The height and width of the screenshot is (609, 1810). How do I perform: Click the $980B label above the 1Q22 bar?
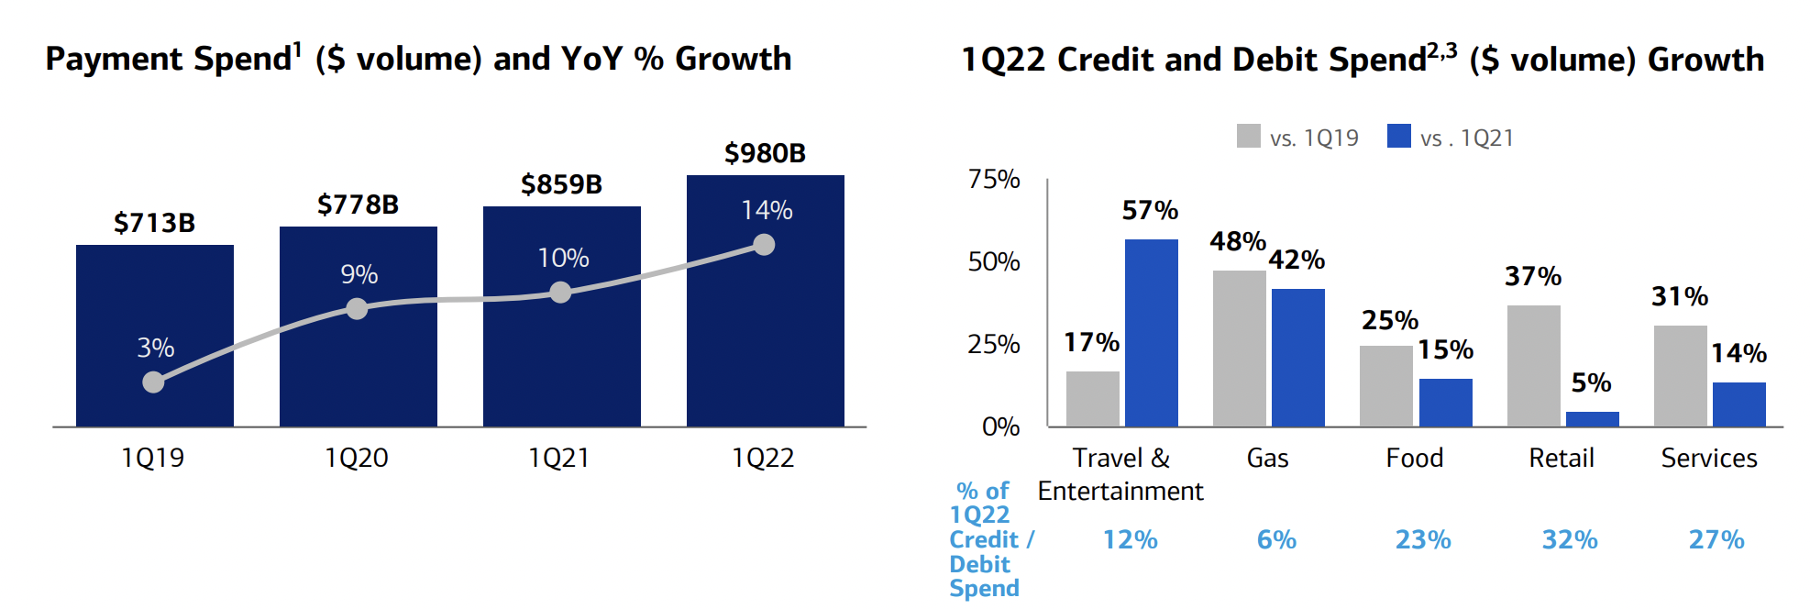pyautogui.click(x=765, y=152)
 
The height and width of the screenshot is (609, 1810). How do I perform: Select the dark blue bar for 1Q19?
pyautogui.click(x=154, y=303)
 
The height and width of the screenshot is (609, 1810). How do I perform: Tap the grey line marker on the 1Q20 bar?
pyautogui.click(x=357, y=309)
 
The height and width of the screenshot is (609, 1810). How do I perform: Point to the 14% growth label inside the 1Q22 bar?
pyautogui.click(x=767, y=210)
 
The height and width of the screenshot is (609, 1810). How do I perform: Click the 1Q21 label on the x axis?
pyautogui.click(x=558, y=457)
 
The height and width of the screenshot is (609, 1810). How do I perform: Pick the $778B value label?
pyautogui.click(x=358, y=204)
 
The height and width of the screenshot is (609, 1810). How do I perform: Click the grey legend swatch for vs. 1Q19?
pyautogui.click(x=1248, y=136)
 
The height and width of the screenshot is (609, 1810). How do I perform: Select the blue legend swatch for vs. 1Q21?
pyautogui.click(x=1398, y=136)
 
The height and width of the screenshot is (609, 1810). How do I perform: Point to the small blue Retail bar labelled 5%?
pyautogui.click(x=1592, y=419)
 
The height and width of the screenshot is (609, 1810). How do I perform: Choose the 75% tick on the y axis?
pyautogui.click(x=994, y=179)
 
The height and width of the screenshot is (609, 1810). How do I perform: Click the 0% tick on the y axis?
pyautogui.click(x=1000, y=426)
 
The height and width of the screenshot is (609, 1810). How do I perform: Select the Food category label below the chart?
pyautogui.click(x=1414, y=457)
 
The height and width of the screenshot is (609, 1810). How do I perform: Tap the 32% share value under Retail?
pyautogui.click(x=1569, y=539)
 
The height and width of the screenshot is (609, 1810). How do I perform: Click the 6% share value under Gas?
pyautogui.click(x=1276, y=539)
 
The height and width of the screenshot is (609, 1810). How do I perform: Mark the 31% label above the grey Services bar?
pyautogui.click(x=1679, y=296)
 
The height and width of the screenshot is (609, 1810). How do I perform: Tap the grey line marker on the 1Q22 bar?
pyautogui.click(x=764, y=245)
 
